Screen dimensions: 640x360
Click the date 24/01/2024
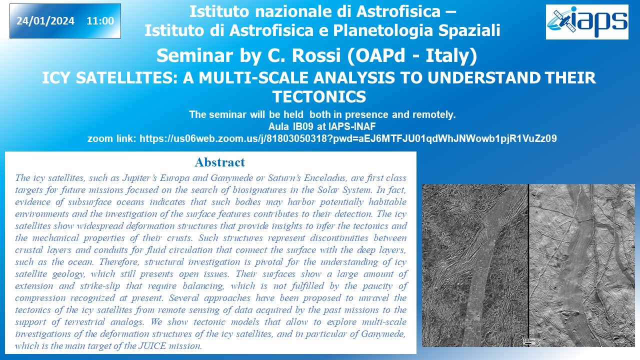pyautogui.click(x=45, y=21)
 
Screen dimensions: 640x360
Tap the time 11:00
pyautogui.click(x=100, y=21)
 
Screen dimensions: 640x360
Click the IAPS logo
pyautogui.click(x=587, y=22)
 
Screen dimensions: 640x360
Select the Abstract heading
pyautogui.click(x=219, y=162)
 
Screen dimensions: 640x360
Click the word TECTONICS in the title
pyautogui.click(x=319, y=96)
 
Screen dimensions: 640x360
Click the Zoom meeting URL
pyautogui.click(x=348, y=138)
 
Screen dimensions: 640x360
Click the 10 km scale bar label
pyautogui.click(x=529, y=341)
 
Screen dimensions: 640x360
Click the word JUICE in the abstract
pyautogui.click(x=152, y=346)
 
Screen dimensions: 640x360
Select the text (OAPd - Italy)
pyautogui.click(x=412, y=55)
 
